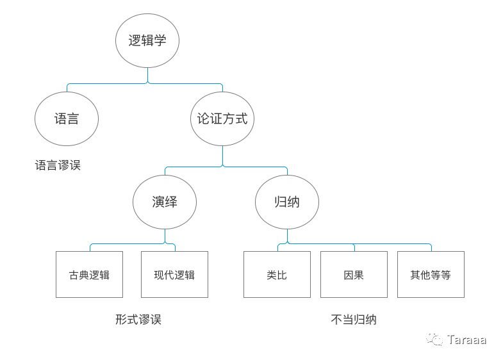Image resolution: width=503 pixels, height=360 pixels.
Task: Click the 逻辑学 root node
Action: pos(147,41)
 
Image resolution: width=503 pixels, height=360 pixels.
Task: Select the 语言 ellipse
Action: pos(66,119)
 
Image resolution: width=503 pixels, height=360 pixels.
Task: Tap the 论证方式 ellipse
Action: pos(222,119)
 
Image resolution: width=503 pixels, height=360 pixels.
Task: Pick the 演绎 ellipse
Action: pos(165,202)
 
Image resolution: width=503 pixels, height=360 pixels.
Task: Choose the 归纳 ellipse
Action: pos(287,202)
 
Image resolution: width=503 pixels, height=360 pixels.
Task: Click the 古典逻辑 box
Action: pos(89,275)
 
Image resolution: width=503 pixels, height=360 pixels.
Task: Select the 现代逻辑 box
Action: pos(174,275)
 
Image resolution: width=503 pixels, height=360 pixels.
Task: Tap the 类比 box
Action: pos(277,275)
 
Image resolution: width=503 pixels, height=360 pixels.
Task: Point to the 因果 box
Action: pos(354,275)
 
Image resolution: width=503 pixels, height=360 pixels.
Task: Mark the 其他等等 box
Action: pos(431,275)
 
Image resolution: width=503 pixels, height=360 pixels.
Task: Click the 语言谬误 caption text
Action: pos(58,165)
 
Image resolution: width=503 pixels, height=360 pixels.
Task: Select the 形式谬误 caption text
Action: pos(138,320)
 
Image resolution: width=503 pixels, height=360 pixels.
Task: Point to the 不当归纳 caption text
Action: pos(354,320)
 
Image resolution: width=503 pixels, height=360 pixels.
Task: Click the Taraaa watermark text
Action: pos(467,340)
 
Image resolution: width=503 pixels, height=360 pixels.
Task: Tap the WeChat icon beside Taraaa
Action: pos(436,340)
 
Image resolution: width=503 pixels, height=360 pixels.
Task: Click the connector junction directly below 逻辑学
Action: pos(147,83)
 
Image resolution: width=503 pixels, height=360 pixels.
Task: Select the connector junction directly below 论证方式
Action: pos(222,167)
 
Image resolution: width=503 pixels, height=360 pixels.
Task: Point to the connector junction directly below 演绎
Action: pos(165,244)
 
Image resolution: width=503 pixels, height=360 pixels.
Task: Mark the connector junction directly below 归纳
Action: pos(287,244)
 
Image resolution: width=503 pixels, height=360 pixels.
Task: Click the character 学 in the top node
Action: pos(160,41)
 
